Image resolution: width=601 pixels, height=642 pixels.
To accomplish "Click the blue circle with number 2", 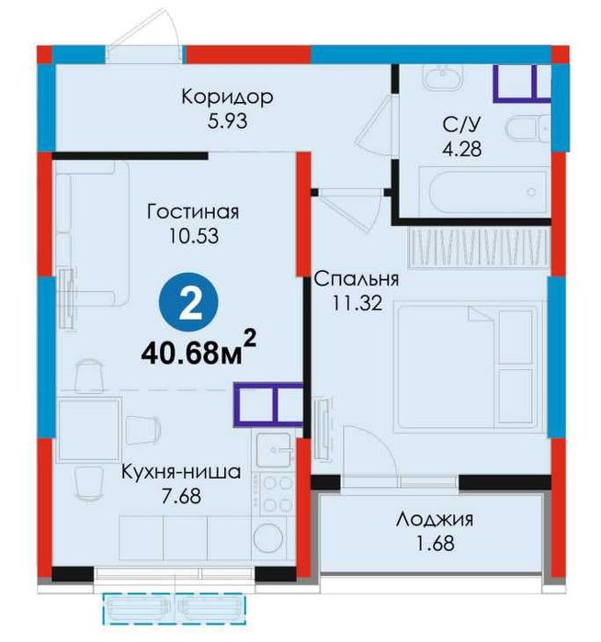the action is [x=188, y=302].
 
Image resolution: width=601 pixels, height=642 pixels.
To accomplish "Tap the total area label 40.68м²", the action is [x=198, y=349].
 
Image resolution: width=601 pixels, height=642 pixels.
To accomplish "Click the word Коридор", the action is [x=227, y=97].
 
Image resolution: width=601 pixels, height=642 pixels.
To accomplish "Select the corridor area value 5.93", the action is [x=227, y=121].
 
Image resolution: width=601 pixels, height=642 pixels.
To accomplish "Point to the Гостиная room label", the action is [x=193, y=212].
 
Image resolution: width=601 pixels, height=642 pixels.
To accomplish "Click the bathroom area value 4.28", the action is [x=461, y=149].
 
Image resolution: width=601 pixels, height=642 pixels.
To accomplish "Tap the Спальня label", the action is [x=356, y=279].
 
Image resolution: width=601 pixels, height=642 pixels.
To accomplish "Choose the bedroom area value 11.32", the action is [x=357, y=303].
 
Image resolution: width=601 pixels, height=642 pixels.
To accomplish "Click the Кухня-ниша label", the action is [x=181, y=472].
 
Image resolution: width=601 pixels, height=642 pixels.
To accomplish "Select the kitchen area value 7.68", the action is [x=181, y=496].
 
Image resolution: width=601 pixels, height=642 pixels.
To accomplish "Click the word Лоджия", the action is [x=435, y=520].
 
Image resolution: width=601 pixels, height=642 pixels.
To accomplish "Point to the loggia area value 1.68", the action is [x=435, y=544].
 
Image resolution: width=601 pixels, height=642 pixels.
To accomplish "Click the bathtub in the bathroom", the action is [x=488, y=193].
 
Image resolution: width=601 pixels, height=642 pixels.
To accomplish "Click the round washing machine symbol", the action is [x=268, y=537].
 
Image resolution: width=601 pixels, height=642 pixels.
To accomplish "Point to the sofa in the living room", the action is [x=92, y=233].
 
